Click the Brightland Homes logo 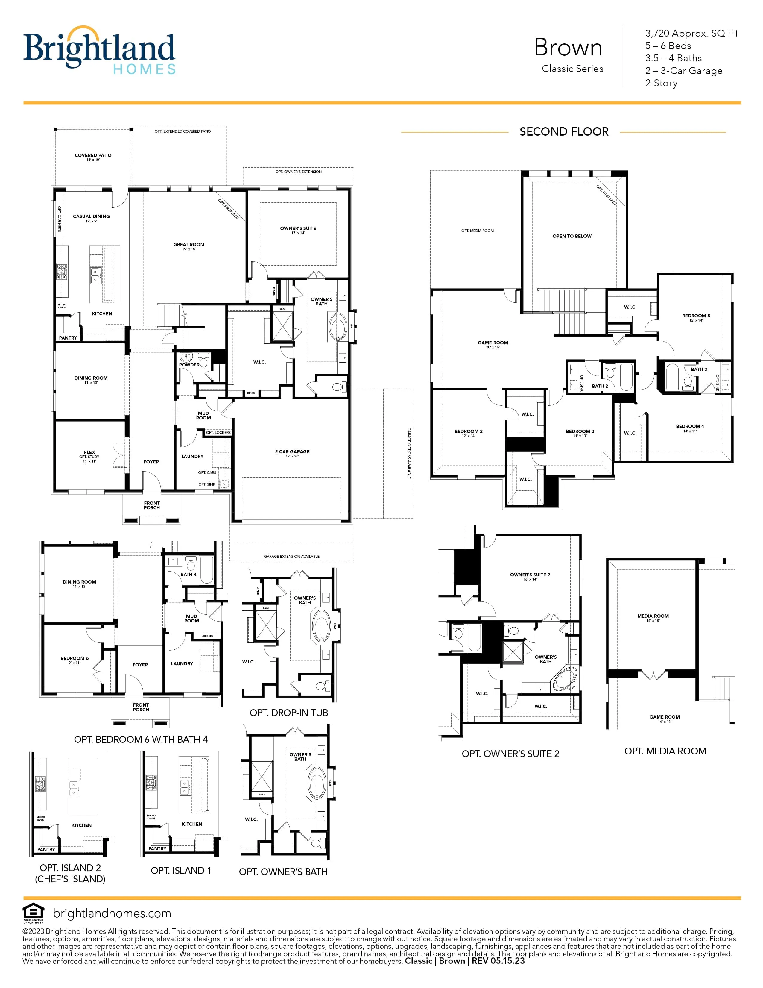[99, 50]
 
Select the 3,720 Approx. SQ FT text [691, 33]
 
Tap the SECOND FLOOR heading [564, 132]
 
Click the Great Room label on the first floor [189, 245]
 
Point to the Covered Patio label [93, 155]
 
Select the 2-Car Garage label [292, 451]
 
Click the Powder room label [189, 365]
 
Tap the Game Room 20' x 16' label [493, 343]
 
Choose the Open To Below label [572, 236]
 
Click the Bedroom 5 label [696, 316]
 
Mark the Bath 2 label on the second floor [600, 386]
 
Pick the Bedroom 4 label [690, 426]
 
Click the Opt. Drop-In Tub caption [288, 713]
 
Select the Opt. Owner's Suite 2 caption [510, 754]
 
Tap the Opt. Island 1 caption [181, 870]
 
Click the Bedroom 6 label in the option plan [75, 658]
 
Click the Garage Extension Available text [291, 557]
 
